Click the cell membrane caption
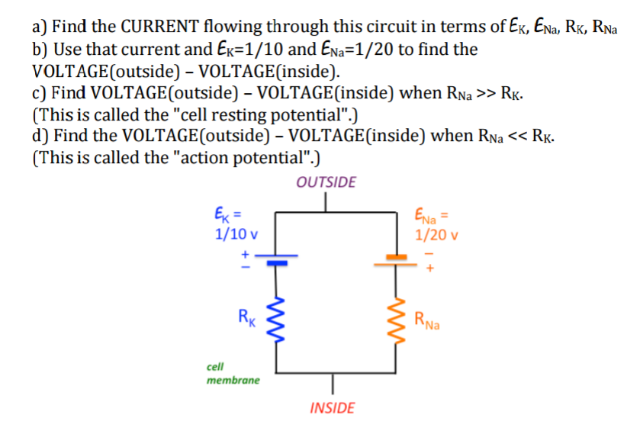(233, 373)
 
